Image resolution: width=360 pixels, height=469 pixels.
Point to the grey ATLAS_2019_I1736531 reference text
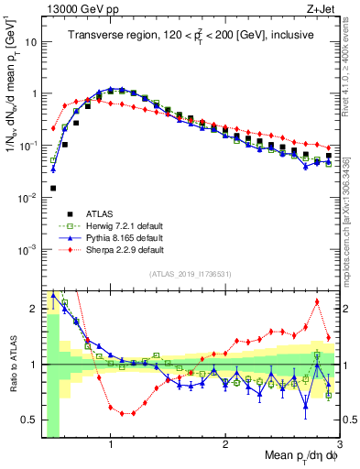[x=191, y=273]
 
